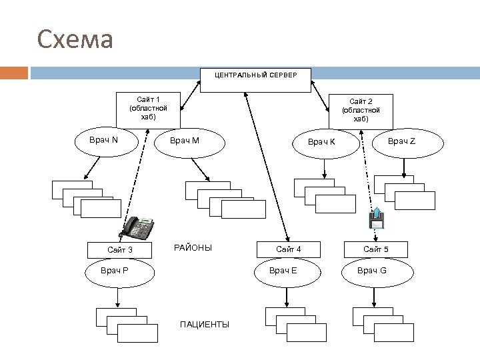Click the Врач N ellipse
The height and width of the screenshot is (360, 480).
tap(104, 141)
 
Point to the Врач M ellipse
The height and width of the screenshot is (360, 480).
tap(185, 141)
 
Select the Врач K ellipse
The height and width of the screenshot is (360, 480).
tap(321, 143)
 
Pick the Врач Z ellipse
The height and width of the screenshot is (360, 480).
tap(401, 141)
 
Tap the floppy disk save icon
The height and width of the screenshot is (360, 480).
tap(377, 219)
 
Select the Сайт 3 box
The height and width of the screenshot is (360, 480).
tap(120, 250)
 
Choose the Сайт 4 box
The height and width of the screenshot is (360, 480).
tap(289, 249)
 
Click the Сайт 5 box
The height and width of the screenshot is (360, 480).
tap(376, 249)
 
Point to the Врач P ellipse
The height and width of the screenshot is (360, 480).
tap(115, 271)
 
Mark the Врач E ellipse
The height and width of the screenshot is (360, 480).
tap(283, 270)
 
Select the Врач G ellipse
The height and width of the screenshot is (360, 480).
tap(371, 270)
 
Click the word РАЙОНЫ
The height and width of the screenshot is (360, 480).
tap(193, 248)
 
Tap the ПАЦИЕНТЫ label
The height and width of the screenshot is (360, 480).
tap(205, 324)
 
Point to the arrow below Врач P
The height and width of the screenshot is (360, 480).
tap(118, 295)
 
